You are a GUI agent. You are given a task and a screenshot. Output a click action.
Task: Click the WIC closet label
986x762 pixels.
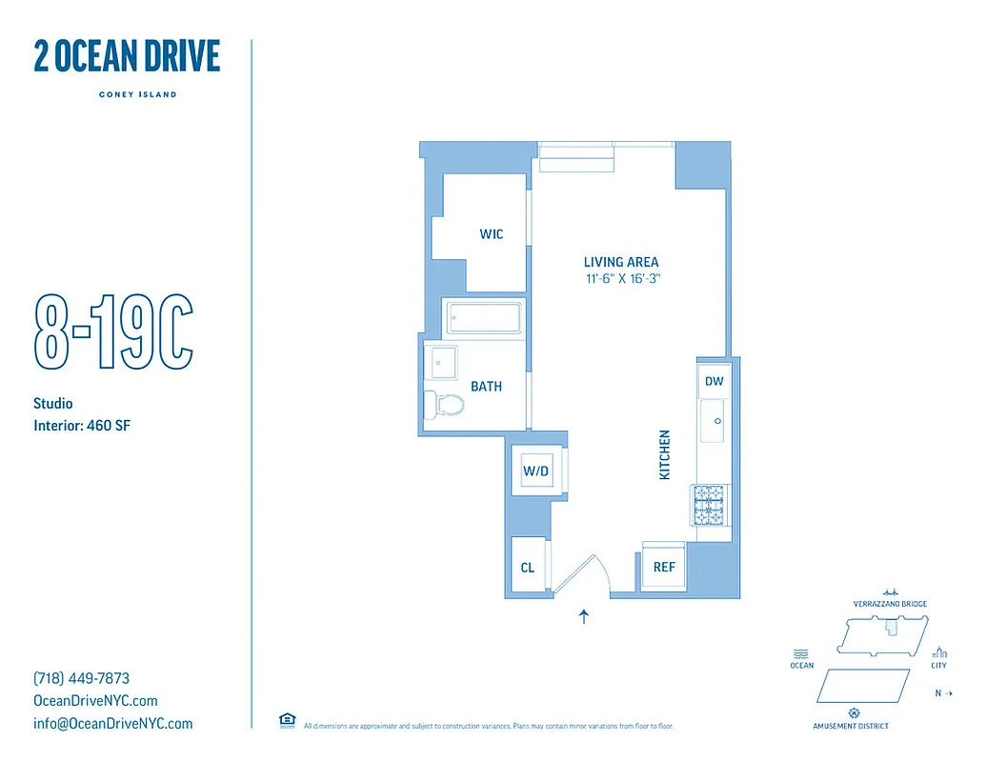click(x=492, y=234)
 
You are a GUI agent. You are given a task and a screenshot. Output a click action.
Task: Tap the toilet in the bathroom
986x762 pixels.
click(x=444, y=405)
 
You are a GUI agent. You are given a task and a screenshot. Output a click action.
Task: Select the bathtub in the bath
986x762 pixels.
click(x=484, y=318)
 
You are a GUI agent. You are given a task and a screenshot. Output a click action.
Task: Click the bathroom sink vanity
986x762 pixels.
click(x=444, y=363)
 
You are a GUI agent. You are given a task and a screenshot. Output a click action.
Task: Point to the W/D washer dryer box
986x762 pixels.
click(x=534, y=471)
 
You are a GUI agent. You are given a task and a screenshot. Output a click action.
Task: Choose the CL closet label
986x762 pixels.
click(x=527, y=568)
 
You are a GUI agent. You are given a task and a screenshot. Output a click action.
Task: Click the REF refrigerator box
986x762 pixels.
click(x=664, y=567)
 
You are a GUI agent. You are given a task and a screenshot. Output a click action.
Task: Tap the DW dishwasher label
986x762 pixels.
click(x=714, y=381)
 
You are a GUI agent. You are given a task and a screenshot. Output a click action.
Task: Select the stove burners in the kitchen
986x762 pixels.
click(x=710, y=506)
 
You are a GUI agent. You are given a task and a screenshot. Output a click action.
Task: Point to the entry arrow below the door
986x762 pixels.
click(x=584, y=616)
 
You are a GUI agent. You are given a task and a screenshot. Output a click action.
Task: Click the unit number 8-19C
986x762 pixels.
click(x=113, y=334)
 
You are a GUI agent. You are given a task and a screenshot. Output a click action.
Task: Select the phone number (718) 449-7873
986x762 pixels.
click(x=81, y=679)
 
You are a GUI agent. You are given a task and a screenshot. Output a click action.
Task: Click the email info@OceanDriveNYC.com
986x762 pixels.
click(x=112, y=724)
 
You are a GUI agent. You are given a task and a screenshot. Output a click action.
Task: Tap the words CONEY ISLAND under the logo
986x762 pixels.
click(x=137, y=94)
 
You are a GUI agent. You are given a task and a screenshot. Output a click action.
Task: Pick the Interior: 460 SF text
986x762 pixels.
click(x=81, y=426)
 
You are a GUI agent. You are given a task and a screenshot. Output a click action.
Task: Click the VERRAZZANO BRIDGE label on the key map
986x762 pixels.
click(x=890, y=604)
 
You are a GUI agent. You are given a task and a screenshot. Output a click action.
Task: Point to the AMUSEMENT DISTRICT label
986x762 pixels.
click(x=851, y=726)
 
